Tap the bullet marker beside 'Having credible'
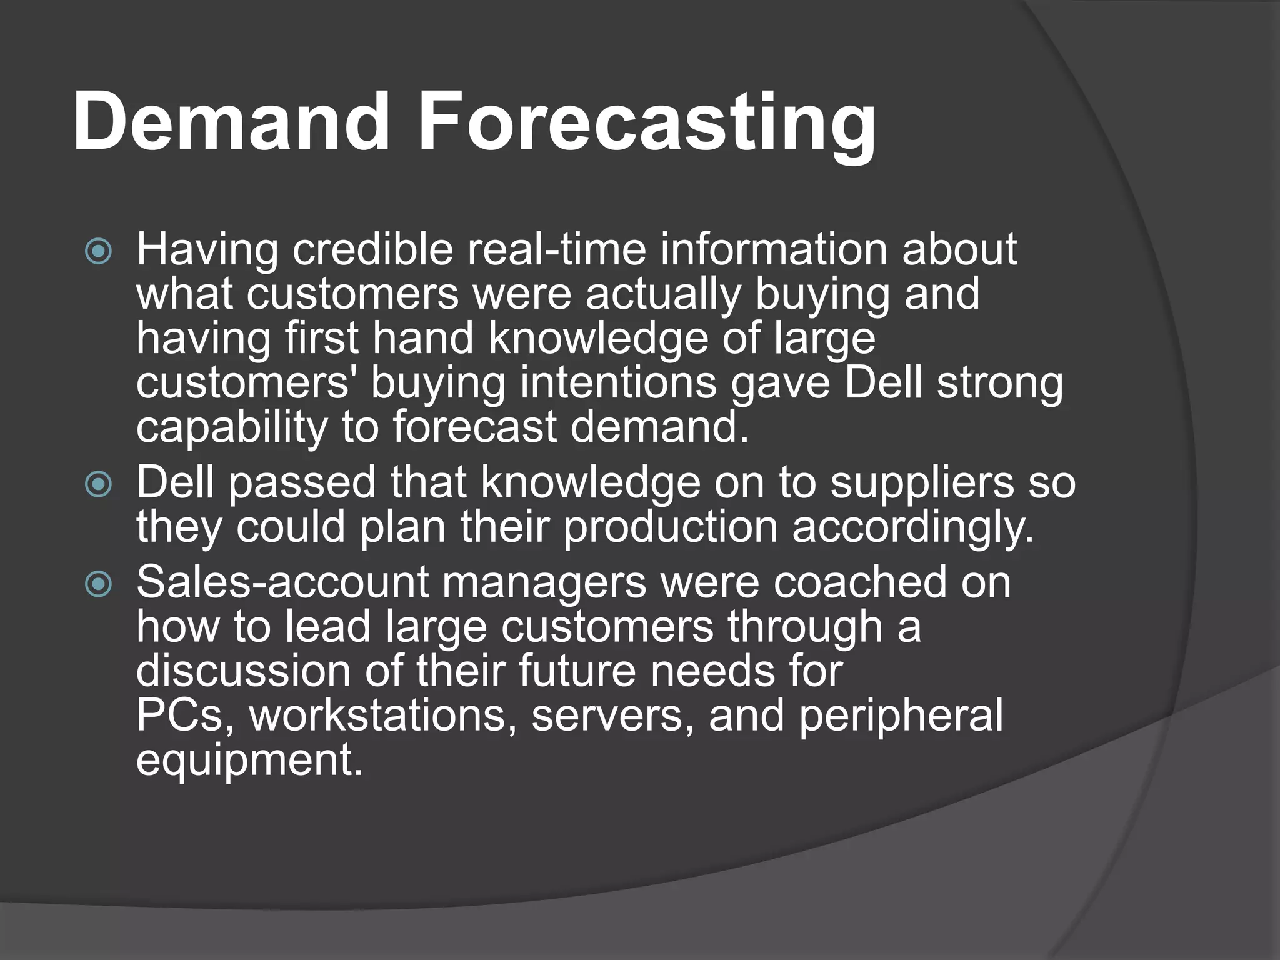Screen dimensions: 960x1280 98,252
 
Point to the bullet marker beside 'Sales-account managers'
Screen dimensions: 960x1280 98,584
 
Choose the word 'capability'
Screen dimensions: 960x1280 231,429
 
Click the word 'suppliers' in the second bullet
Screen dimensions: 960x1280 921,483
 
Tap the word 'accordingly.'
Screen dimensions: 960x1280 913,528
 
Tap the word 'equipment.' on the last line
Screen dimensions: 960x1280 249,761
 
